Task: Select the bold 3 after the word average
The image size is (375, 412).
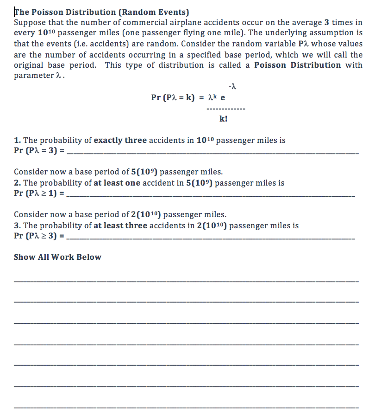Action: coord(333,22)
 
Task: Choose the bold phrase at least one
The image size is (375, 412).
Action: coord(117,183)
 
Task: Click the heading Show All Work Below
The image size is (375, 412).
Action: coord(57,257)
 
